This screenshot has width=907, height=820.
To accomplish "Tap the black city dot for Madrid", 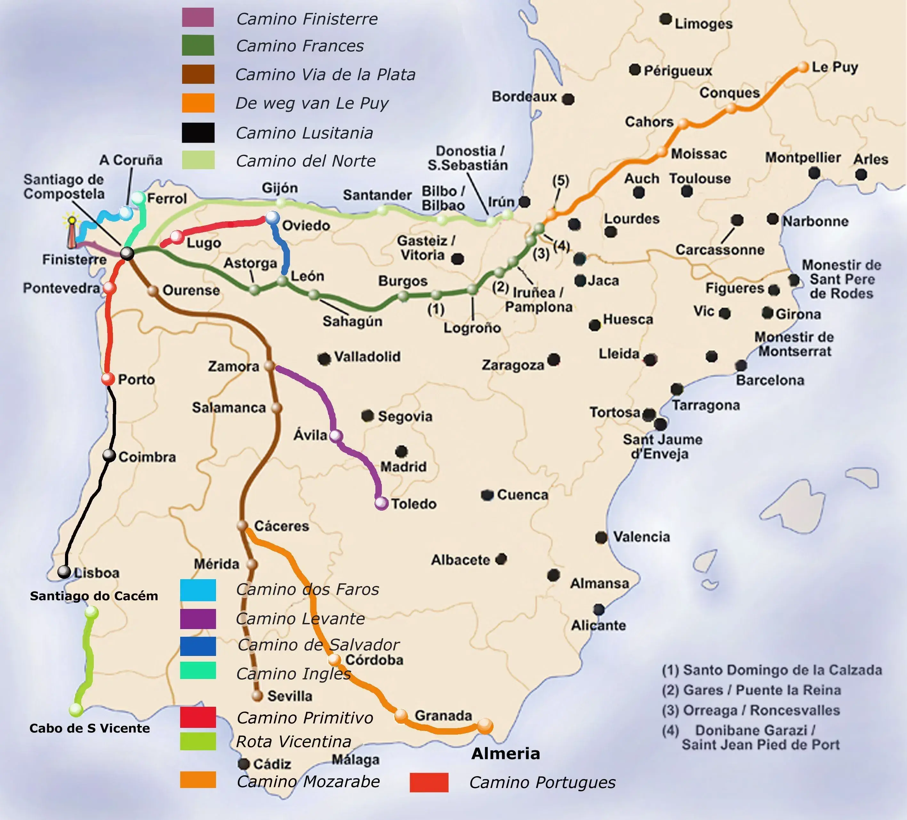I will [x=401, y=451].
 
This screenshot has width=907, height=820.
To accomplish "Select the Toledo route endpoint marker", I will [x=381, y=503].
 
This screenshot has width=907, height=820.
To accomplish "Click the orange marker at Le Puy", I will [x=803, y=67].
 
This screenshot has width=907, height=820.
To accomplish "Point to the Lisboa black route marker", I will [x=64, y=572].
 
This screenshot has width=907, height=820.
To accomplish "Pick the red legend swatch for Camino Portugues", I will [x=429, y=782].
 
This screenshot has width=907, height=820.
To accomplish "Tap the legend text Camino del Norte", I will [x=306, y=161].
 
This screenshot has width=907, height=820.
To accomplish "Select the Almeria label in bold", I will [x=505, y=753].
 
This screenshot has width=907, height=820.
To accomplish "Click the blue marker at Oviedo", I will [x=272, y=217].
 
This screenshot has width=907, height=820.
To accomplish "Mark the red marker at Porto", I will [x=108, y=379].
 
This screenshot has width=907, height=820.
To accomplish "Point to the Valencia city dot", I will [x=601, y=537].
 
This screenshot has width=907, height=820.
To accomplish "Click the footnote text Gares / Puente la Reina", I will [x=762, y=690].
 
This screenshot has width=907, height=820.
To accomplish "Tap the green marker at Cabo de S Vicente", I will [x=76, y=710].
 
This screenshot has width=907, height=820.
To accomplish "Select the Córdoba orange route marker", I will [x=334, y=659].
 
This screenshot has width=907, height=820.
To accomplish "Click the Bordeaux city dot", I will [x=568, y=99].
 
